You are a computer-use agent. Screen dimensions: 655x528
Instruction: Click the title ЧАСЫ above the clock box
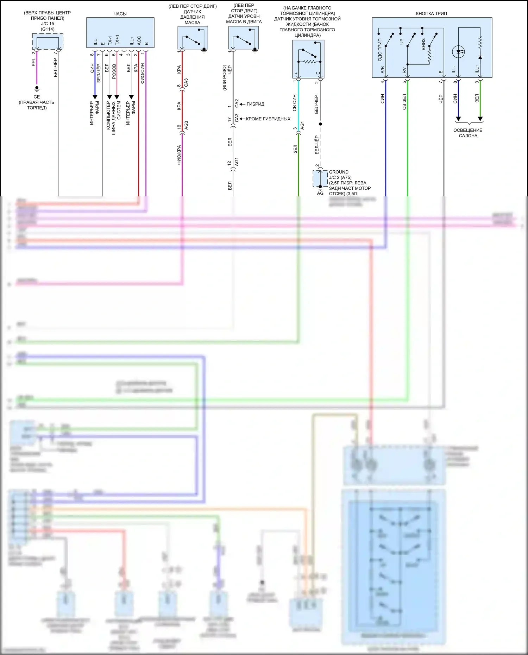pos(120,14)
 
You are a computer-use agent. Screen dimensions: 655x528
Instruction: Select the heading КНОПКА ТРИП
pos(431,14)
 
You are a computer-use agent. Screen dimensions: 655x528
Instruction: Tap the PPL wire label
pos(34,62)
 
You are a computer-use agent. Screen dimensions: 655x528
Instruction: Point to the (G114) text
pos(48,29)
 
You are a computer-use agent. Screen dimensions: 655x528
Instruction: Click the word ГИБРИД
pos(255,104)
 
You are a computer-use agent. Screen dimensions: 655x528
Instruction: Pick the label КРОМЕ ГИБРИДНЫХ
pos(268,119)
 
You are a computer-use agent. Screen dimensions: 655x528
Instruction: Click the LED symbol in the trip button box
pos(458,52)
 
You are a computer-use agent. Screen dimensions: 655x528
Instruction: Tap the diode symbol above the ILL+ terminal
pos(480,57)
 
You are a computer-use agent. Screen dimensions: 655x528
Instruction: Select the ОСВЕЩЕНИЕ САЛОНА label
pos(468,133)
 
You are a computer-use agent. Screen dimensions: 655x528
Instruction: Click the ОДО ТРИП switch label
pos(380,50)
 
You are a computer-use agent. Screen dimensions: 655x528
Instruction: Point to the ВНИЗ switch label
pos(423,44)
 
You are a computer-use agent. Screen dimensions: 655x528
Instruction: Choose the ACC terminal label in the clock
pos(139,40)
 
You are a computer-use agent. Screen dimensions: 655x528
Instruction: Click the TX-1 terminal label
pos(110,40)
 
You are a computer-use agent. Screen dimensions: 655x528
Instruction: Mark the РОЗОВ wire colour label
pos(114,71)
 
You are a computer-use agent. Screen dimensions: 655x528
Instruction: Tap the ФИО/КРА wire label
pos(179,155)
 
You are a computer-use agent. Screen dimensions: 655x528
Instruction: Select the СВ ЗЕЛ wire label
pos(404,102)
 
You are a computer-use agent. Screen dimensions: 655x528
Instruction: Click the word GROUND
pos(339,172)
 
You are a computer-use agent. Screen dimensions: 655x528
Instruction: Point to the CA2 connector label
pos(237,103)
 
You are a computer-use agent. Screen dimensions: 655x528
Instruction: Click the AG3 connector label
pos(186,125)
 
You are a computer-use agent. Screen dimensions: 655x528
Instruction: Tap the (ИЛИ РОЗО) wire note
pos(225,78)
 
